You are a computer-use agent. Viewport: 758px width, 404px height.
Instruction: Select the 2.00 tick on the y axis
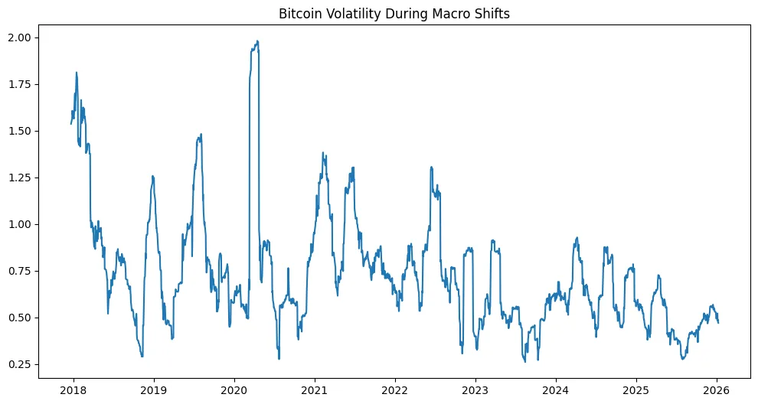[x=20, y=37]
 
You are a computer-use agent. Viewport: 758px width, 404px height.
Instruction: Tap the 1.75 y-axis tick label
[x=20, y=84]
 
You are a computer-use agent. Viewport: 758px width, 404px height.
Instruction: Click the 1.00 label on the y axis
[x=20, y=224]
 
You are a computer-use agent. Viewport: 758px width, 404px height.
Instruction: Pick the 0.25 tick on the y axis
[x=20, y=364]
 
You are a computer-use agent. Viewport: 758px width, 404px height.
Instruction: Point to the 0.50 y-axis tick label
[x=20, y=318]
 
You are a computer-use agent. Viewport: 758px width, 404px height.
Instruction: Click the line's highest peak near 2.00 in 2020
[x=257, y=41]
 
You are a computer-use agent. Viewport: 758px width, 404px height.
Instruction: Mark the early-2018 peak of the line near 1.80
[x=77, y=73]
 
